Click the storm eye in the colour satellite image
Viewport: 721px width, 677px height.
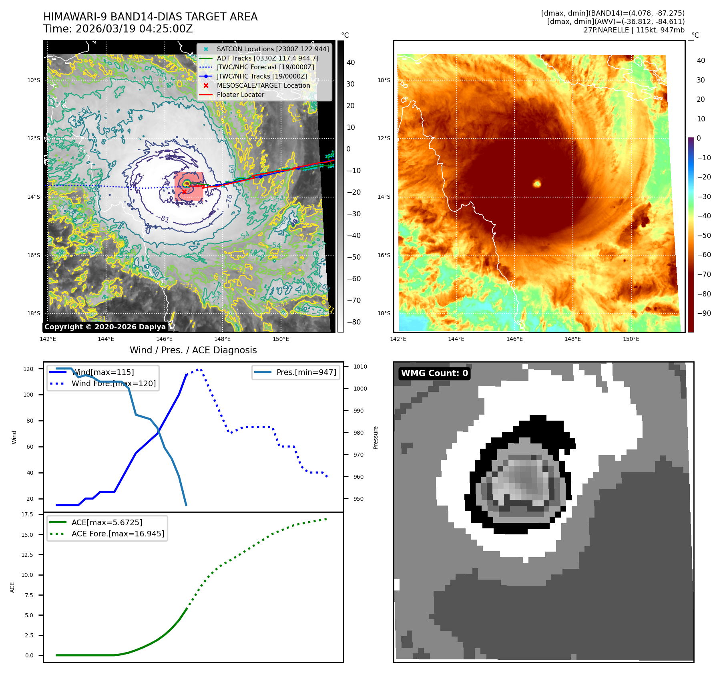(537, 184)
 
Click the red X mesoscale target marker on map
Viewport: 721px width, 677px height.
(184, 192)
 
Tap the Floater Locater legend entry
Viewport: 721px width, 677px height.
(240, 95)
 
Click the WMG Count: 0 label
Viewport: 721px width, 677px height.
(434, 373)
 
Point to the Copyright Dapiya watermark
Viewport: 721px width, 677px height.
(105, 327)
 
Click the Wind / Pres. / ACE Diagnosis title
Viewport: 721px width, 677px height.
(193, 350)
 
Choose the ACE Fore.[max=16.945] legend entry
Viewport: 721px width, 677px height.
(118, 534)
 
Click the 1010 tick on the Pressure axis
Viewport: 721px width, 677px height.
(360, 367)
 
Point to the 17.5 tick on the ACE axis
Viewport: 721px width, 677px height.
(27, 514)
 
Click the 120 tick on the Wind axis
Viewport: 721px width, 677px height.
(28, 369)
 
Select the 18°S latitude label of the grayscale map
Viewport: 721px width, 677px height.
(34, 313)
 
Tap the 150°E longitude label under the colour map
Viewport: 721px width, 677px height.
(631, 339)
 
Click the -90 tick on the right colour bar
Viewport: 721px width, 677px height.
(704, 313)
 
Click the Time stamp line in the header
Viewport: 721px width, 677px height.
(118, 29)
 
